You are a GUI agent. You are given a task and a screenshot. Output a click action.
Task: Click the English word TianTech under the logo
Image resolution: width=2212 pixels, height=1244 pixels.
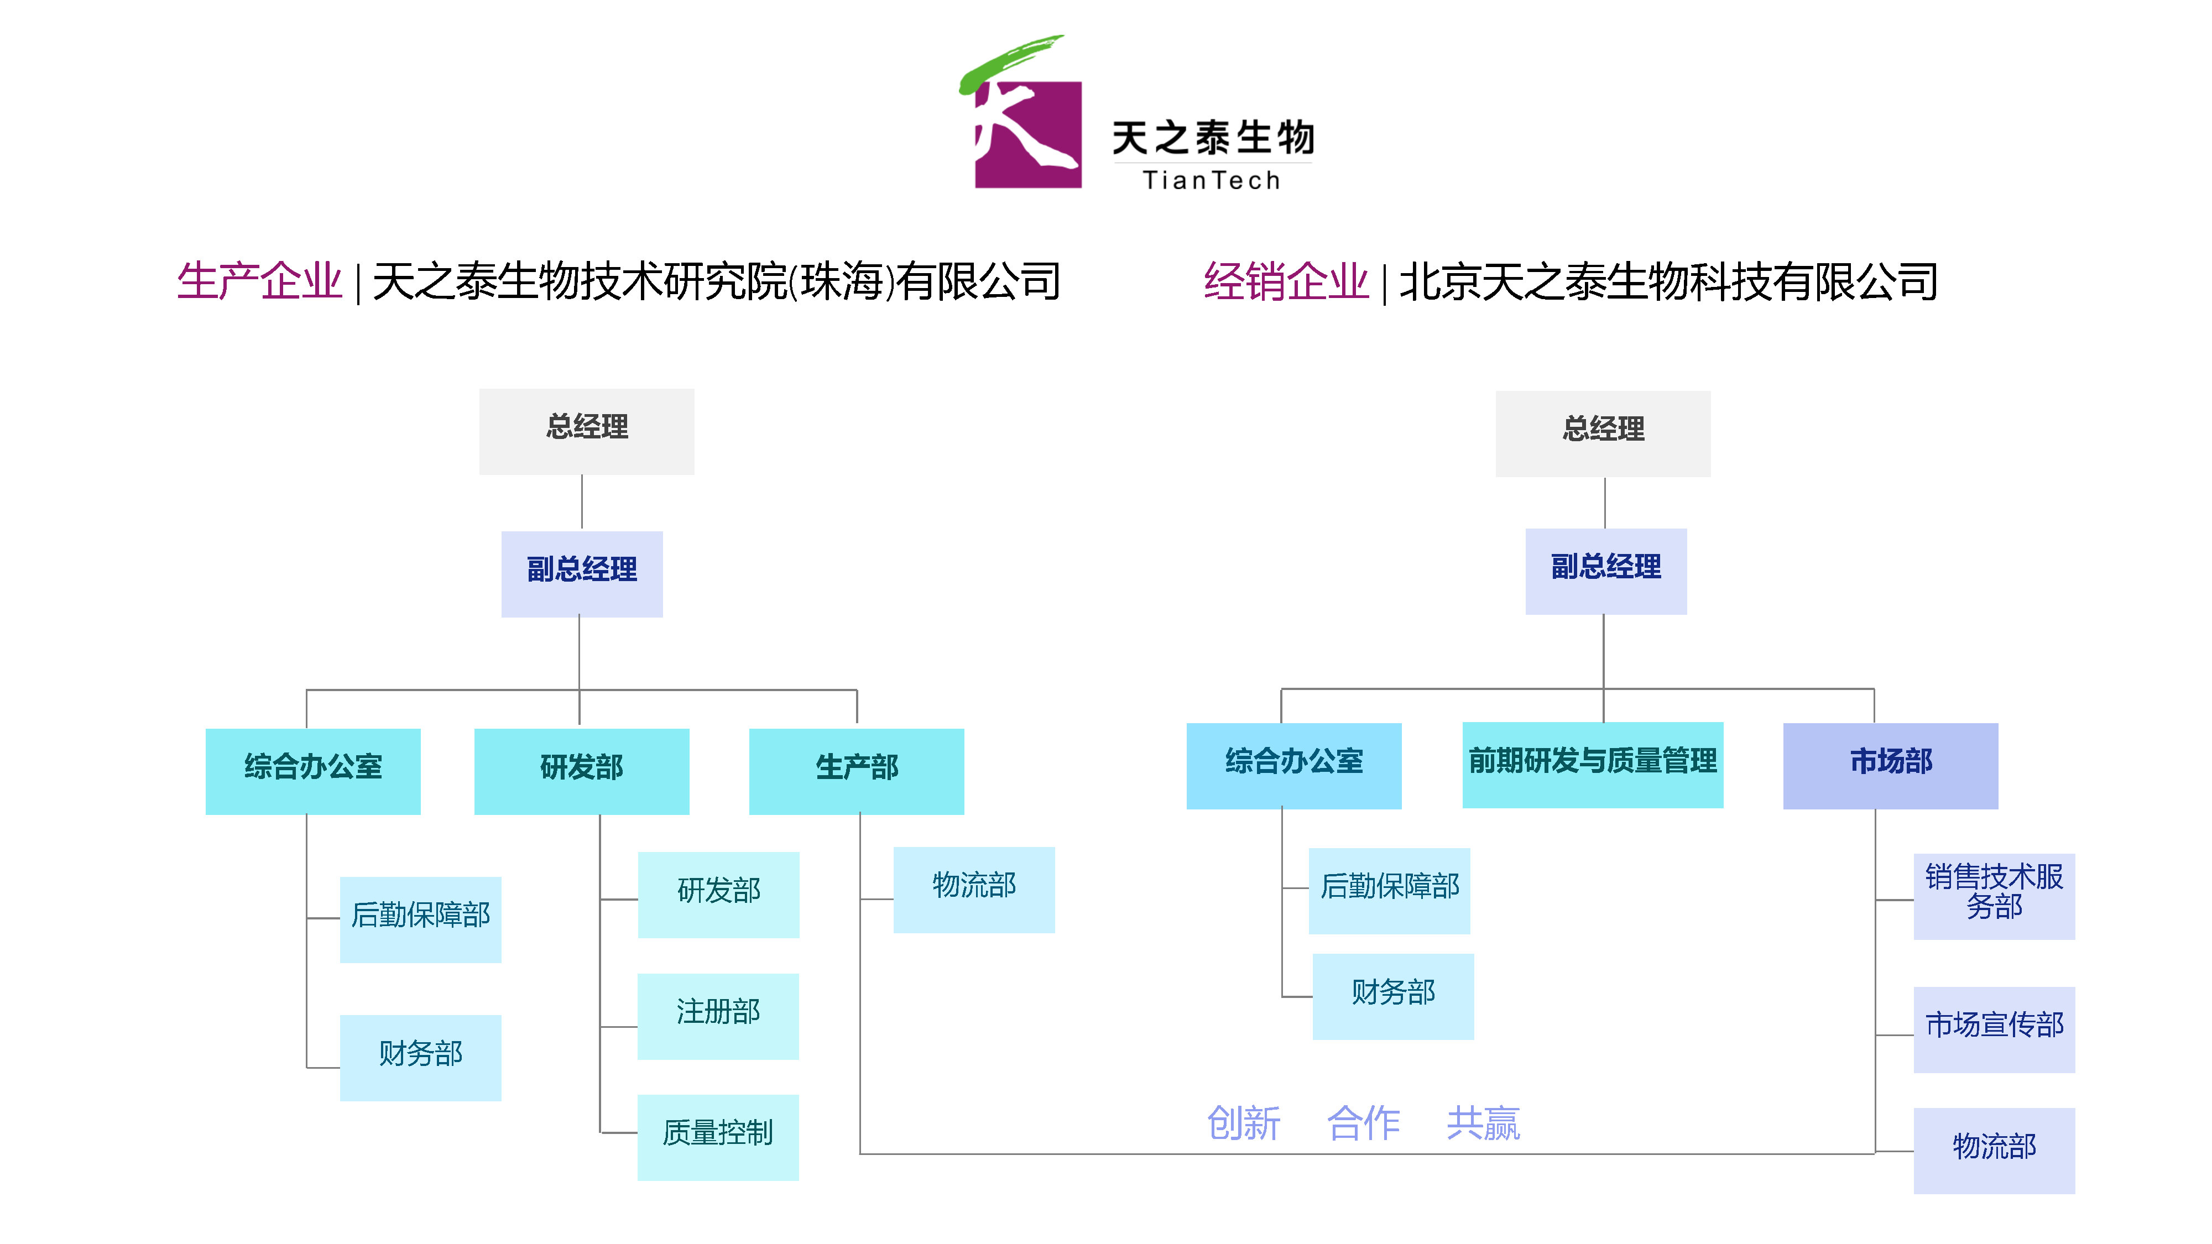1211,180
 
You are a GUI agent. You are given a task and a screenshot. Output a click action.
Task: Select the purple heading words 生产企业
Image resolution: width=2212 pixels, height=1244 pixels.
259,281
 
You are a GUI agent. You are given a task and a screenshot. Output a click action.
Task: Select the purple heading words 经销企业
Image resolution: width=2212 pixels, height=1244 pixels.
1286,281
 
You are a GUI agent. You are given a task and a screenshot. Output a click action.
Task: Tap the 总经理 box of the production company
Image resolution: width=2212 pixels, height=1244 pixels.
587,431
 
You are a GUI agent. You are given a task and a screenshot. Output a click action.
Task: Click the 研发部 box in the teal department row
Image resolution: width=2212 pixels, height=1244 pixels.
581,770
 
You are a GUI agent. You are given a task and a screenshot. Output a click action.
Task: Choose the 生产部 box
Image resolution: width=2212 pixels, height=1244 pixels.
856,770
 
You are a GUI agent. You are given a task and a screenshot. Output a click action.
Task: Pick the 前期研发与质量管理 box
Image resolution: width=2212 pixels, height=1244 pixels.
1592,764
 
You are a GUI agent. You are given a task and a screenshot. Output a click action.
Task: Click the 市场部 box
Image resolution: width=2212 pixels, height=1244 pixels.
1890,765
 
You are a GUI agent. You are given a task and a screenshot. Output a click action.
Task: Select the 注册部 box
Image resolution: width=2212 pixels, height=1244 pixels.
718,1016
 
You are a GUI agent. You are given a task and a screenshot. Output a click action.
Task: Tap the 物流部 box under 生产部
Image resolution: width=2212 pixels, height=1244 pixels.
974,890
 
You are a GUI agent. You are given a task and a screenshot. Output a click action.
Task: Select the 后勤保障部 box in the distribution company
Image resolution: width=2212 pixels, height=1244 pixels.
1389,890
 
